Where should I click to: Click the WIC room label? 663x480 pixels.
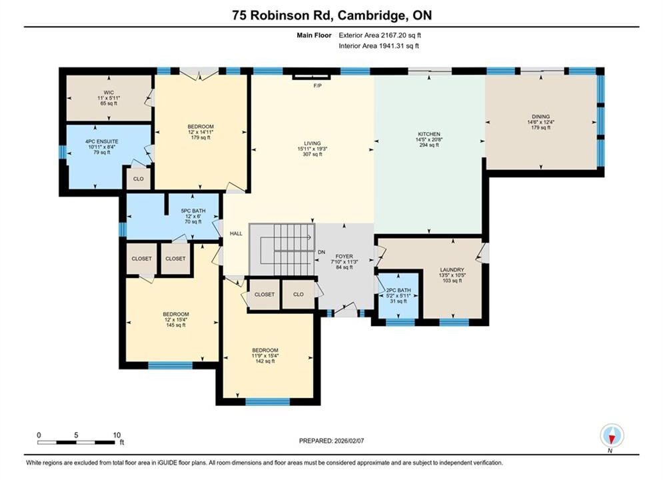pyautogui.click(x=109, y=93)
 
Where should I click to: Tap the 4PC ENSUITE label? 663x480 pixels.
pyautogui.click(x=101, y=142)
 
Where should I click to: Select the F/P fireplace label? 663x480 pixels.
pyautogui.click(x=318, y=86)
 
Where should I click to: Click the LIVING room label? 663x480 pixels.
pyautogui.click(x=313, y=143)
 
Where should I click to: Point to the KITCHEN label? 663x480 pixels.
pyautogui.click(x=429, y=134)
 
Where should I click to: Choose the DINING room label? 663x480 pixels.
pyautogui.click(x=541, y=117)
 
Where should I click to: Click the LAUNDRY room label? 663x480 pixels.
pyautogui.click(x=452, y=270)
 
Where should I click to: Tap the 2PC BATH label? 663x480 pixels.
pyautogui.click(x=398, y=291)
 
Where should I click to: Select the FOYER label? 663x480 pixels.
pyautogui.click(x=344, y=257)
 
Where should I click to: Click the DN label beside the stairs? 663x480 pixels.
pyautogui.click(x=321, y=252)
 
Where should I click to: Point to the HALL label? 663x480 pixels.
pyautogui.click(x=236, y=233)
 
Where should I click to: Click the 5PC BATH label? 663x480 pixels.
pyautogui.click(x=193, y=211)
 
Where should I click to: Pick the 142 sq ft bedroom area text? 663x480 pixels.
pyautogui.click(x=265, y=361)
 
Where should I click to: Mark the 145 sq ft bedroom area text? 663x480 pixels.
pyautogui.click(x=176, y=325)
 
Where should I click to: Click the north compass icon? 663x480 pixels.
pyautogui.click(x=612, y=435)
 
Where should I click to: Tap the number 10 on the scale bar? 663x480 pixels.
pyautogui.click(x=117, y=435)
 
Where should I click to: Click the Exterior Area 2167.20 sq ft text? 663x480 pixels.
pyautogui.click(x=380, y=35)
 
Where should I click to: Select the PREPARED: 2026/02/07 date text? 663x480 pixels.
pyautogui.click(x=332, y=441)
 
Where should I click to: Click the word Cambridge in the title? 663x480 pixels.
pyautogui.click(x=369, y=15)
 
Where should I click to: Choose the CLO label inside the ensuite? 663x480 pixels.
pyautogui.click(x=139, y=179)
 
